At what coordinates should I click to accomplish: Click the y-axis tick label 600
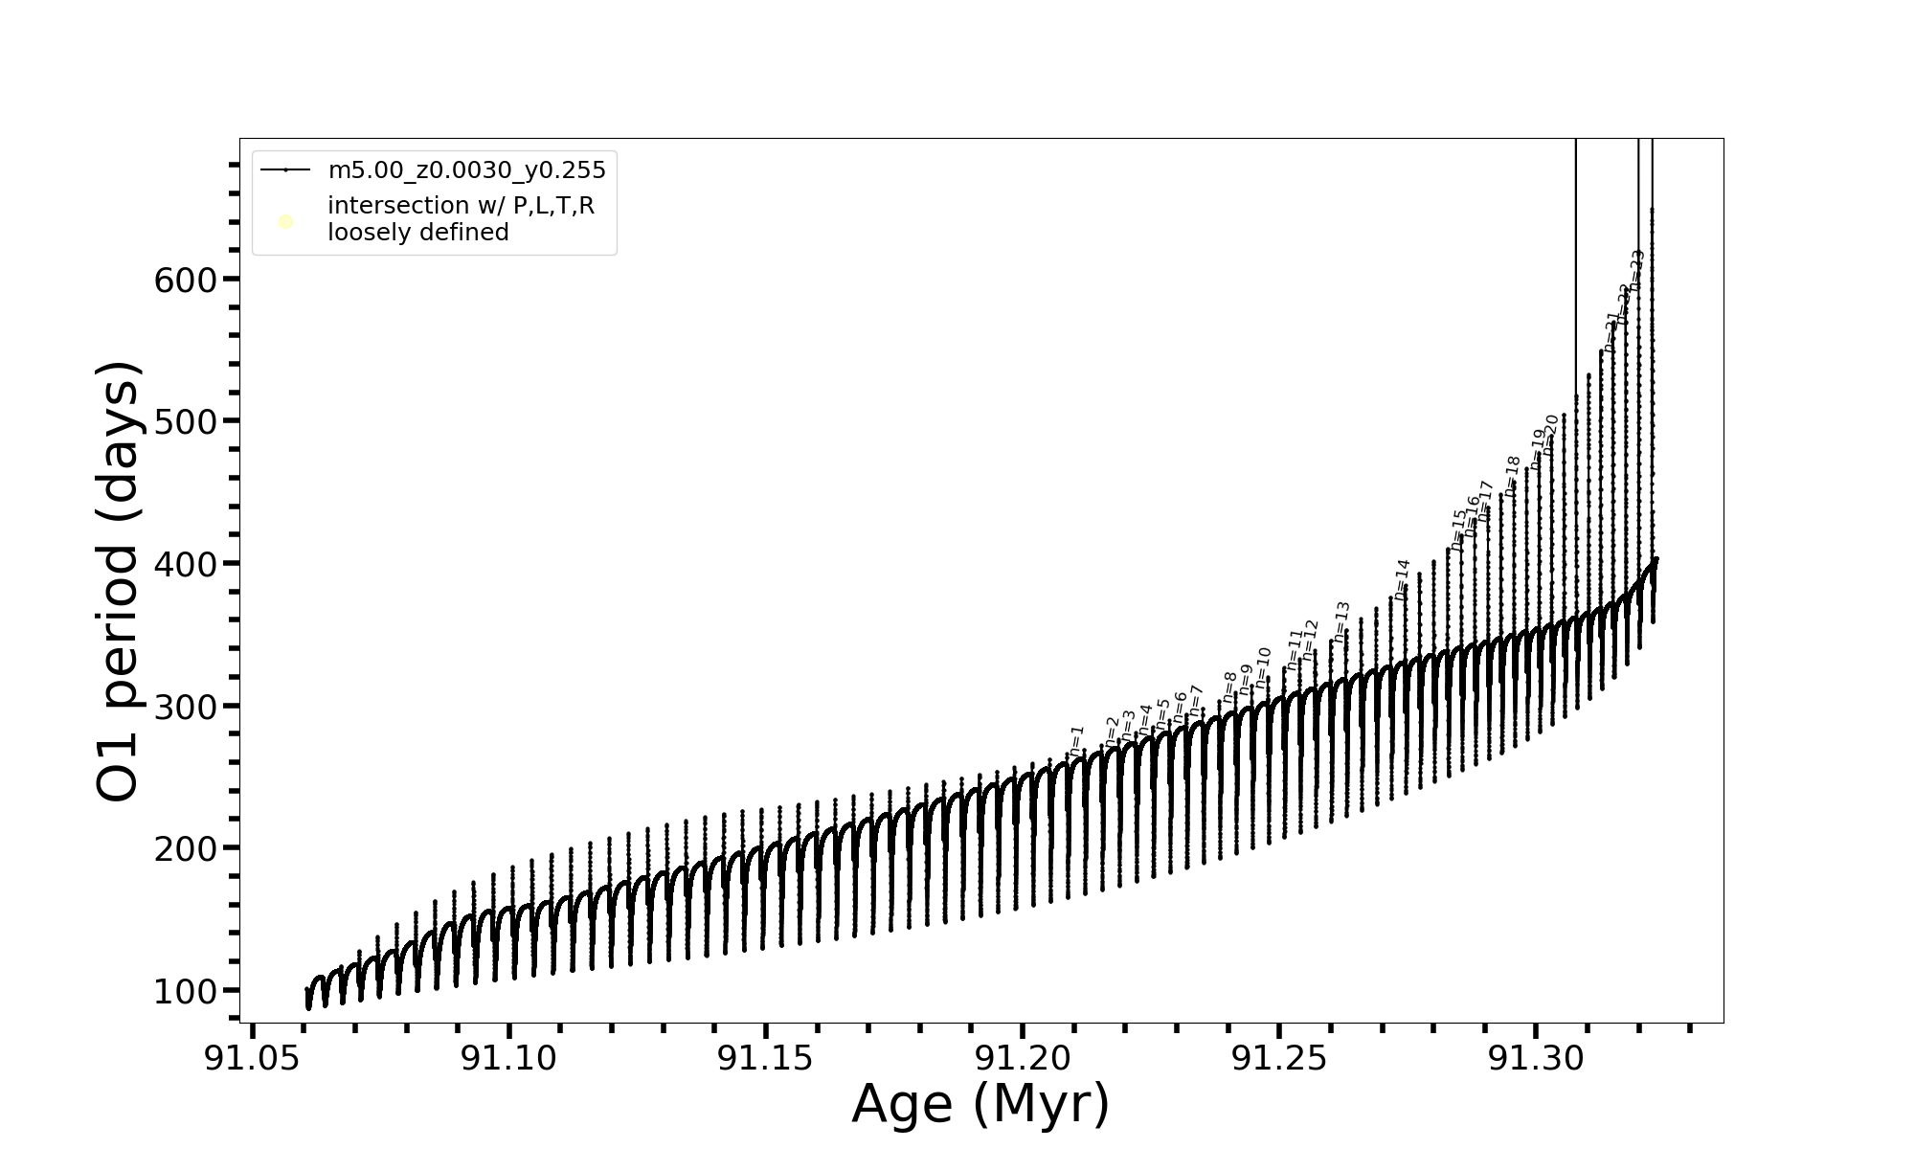point(186,281)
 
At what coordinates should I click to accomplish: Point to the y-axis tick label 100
point(186,992)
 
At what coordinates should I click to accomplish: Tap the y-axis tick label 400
point(186,565)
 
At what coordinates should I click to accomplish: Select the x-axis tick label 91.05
point(252,1059)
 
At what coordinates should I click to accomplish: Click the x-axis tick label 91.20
point(1022,1059)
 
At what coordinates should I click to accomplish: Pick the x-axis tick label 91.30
point(1535,1059)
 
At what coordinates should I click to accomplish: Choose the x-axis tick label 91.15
point(765,1059)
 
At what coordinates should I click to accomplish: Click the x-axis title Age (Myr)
point(980,1104)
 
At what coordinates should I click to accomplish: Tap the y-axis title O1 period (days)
point(120,581)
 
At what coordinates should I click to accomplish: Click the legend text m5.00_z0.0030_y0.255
point(467,170)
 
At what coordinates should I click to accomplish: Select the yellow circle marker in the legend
point(285,222)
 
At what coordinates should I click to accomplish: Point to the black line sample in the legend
point(285,170)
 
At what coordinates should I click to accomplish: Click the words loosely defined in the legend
point(418,233)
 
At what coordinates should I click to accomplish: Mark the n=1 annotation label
point(1077,741)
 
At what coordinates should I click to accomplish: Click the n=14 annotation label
point(1403,579)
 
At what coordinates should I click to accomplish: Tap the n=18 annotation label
point(1512,476)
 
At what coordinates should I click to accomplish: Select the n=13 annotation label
point(1341,621)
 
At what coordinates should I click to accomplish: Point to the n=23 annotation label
point(1637,270)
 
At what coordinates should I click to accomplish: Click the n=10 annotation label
point(1263,667)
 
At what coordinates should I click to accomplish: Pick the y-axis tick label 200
point(186,849)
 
